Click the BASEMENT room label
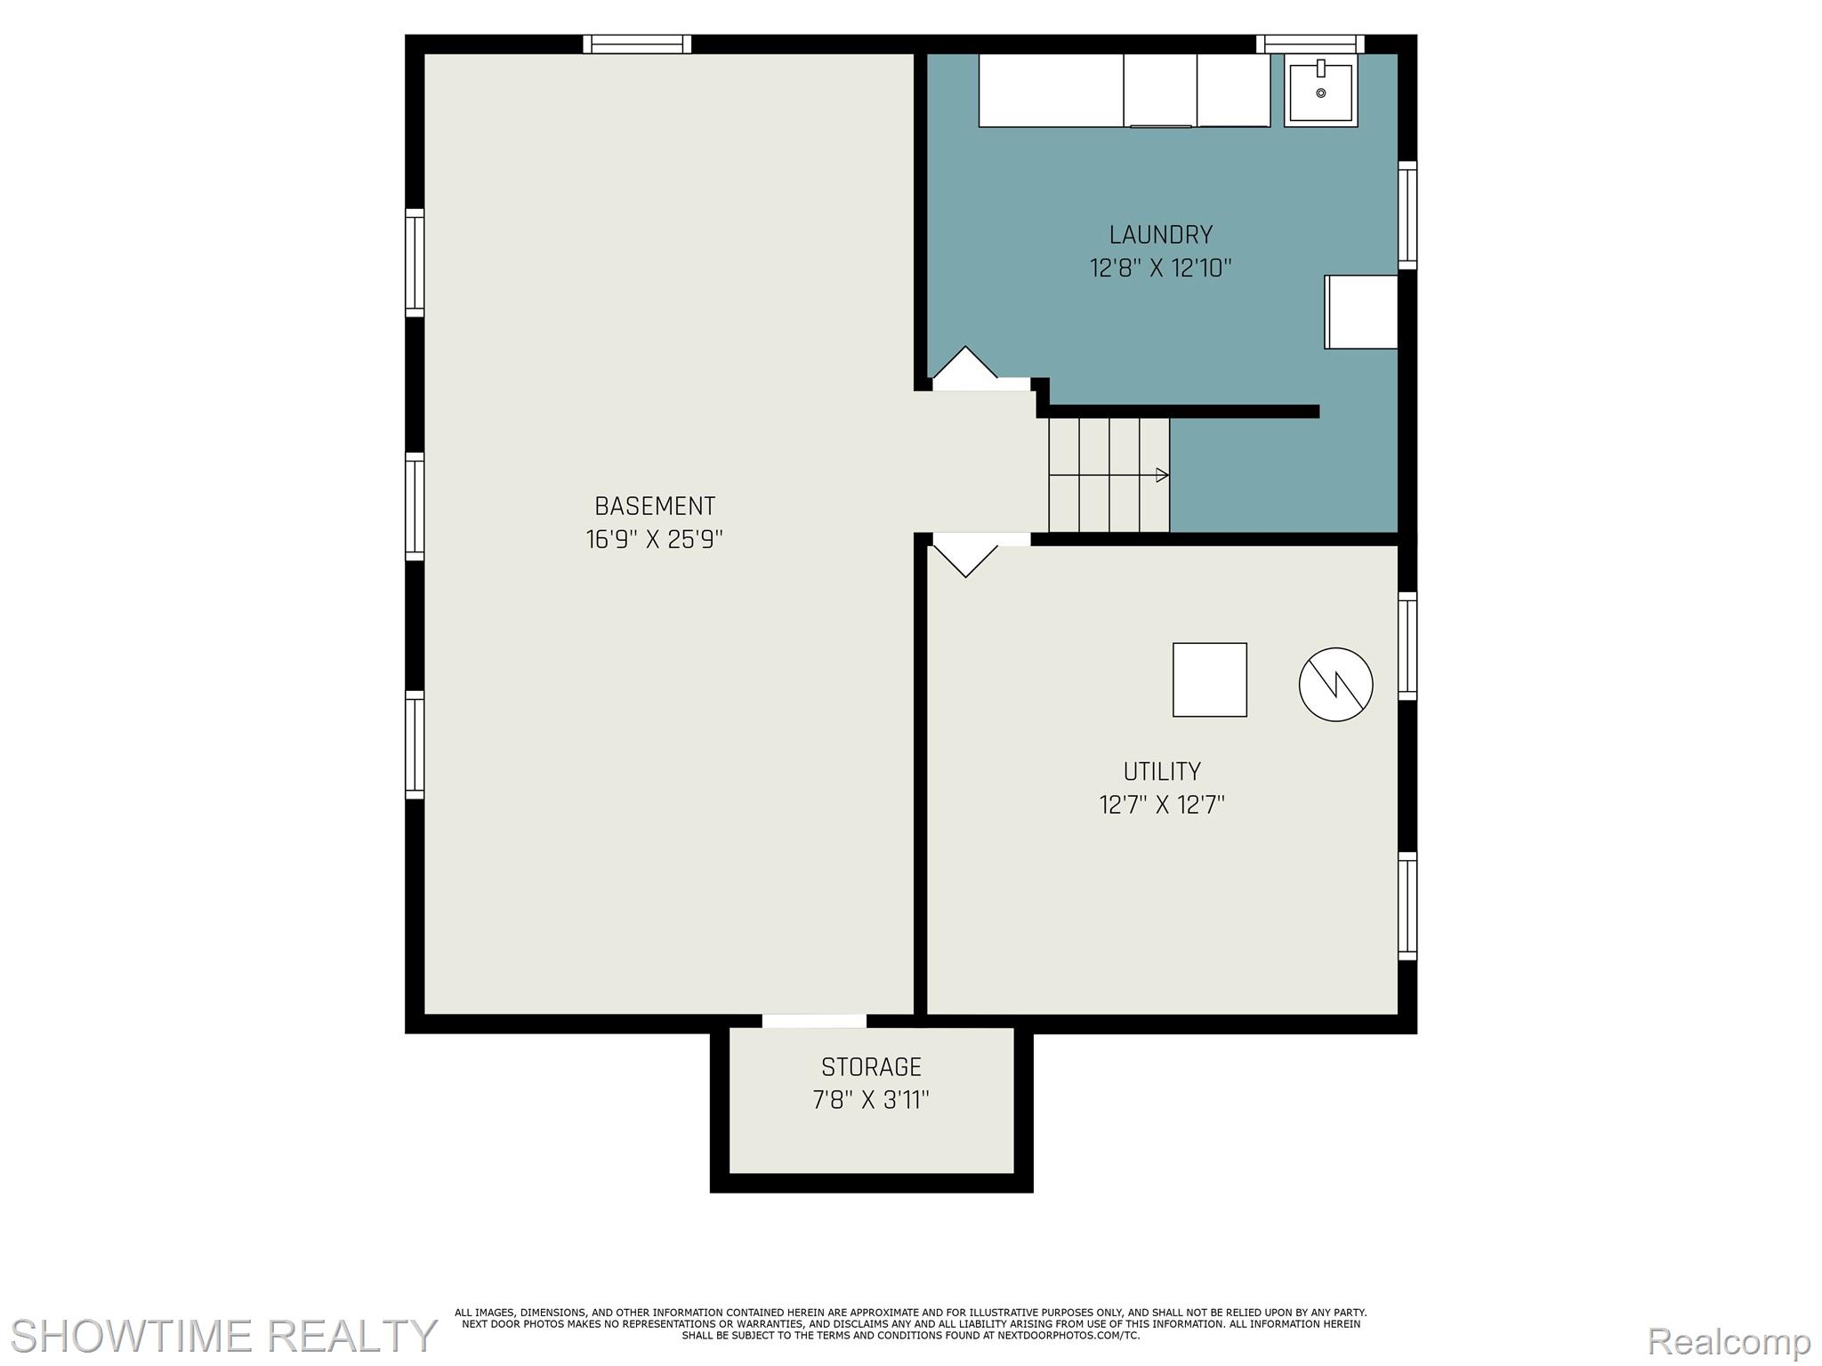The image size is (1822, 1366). pos(655,506)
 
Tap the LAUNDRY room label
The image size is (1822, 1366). pos(1161,235)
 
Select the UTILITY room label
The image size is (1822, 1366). pos(1162,771)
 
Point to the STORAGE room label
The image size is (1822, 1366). pos(871,1066)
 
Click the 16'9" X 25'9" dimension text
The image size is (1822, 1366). pos(655,540)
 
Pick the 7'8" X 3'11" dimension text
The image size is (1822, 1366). pos(871,1100)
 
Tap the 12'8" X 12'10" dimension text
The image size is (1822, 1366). pos(1161,268)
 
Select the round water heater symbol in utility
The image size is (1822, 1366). pos(1336,684)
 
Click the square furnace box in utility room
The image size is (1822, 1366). pos(1210,679)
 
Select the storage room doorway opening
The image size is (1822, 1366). pos(814,1021)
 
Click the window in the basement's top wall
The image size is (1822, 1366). pos(637,44)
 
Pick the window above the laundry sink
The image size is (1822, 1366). pos(1310,44)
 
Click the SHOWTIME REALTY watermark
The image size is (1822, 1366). pos(223,1336)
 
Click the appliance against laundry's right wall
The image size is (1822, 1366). pos(1361,311)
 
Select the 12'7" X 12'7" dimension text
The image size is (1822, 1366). pos(1162,805)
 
